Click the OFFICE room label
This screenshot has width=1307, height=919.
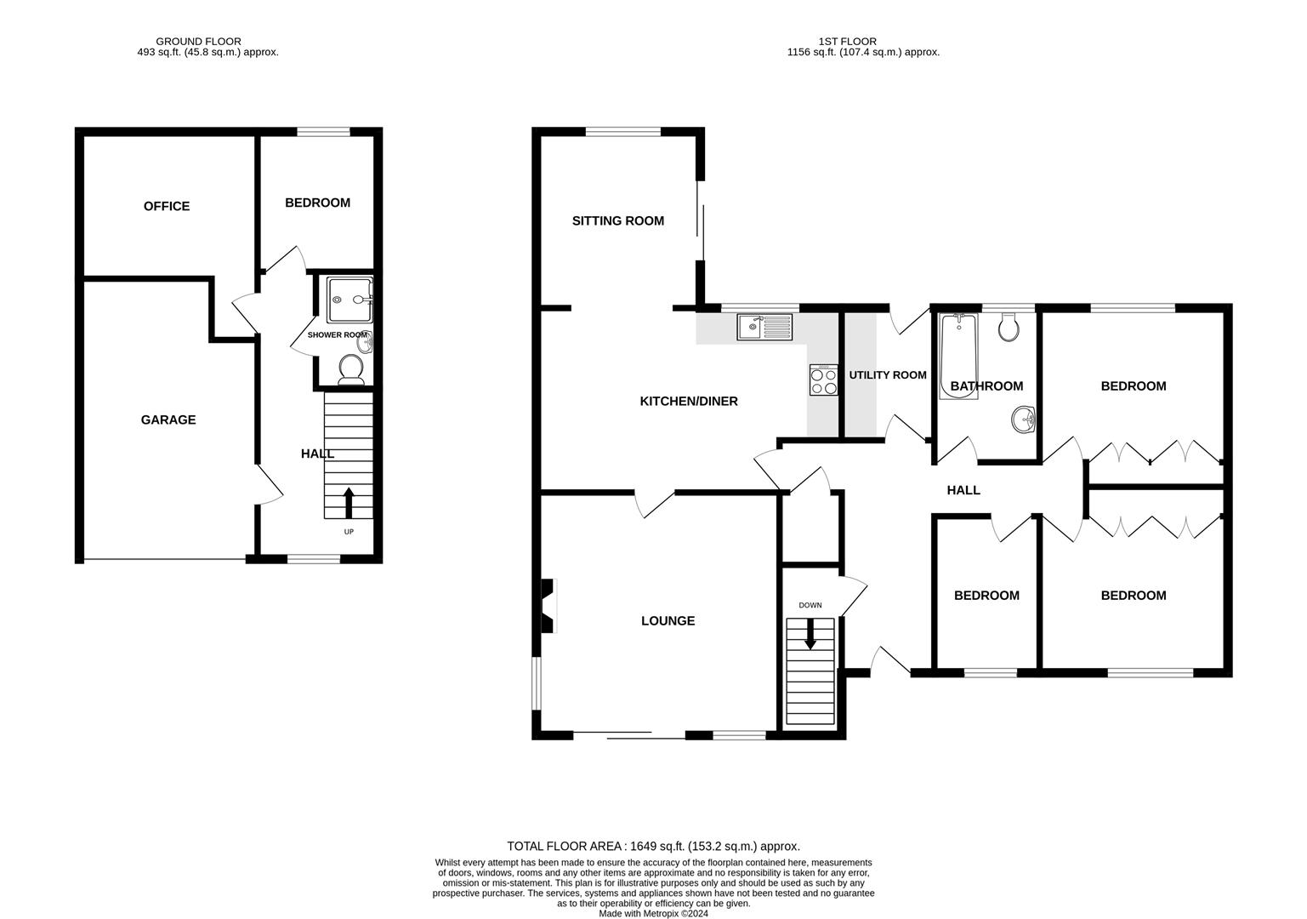point(167,206)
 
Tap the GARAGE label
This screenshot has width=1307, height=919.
point(168,420)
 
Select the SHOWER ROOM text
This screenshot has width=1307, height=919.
point(338,335)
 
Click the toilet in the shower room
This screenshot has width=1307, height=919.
point(350,370)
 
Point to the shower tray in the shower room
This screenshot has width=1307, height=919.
point(349,300)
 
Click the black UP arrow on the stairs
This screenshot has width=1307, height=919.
point(349,503)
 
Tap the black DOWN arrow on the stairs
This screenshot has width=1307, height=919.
point(810,633)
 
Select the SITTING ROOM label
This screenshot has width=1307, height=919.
point(618,220)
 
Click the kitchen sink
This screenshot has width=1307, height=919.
point(764,327)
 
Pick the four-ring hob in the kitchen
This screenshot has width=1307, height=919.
point(823,380)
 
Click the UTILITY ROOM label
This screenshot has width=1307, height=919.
point(888,375)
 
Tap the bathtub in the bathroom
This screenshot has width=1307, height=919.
point(958,356)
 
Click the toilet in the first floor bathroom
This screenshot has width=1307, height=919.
point(1009,327)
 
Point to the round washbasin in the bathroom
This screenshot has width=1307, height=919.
point(1023,420)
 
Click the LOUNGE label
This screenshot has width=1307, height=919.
point(668,620)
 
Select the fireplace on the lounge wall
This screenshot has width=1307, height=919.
point(548,606)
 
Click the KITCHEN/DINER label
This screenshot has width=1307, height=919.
point(689,401)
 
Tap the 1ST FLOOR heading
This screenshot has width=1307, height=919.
point(847,42)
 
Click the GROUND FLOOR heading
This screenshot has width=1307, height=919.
point(198,42)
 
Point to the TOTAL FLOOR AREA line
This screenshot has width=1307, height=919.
point(653,846)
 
